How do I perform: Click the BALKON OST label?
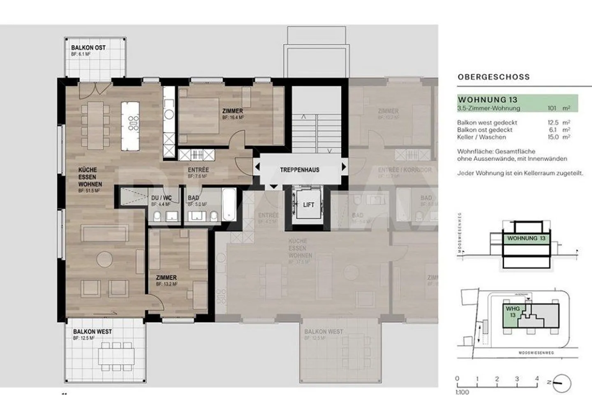click(x=88, y=48)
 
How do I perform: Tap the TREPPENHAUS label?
click(x=299, y=170)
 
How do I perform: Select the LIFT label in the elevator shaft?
click(x=308, y=204)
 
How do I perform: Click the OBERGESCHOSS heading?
click(x=493, y=77)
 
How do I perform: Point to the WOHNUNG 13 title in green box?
click(x=487, y=100)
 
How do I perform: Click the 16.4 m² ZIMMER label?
click(x=232, y=111)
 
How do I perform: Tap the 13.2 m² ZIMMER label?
click(x=166, y=278)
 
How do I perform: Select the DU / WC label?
click(x=161, y=198)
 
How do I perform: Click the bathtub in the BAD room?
click(x=229, y=204)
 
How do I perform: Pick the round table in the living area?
click(x=104, y=258)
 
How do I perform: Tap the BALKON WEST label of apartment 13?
click(x=92, y=332)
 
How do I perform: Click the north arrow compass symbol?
click(x=562, y=383)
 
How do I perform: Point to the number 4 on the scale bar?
click(x=536, y=379)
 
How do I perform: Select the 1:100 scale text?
click(x=462, y=392)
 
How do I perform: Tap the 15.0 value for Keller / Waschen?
click(x=553, y=137)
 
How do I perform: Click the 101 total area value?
click(x=552, y=108)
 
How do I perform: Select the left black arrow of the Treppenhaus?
click(x=257, y=167)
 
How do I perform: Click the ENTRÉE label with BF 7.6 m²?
click(x=198, y=170)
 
